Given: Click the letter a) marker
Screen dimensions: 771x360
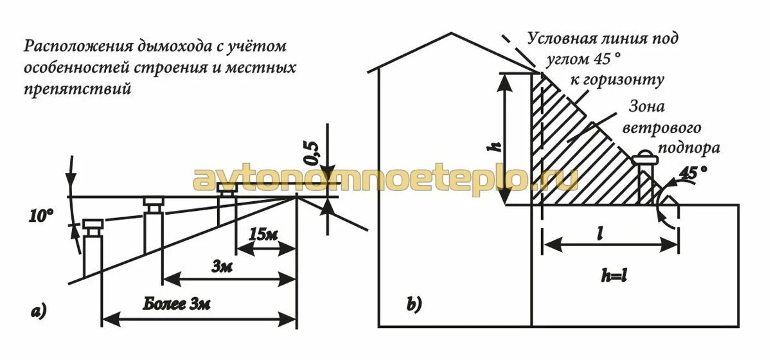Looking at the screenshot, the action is coord(39,313).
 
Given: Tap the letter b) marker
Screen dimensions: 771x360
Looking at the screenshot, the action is coord(414,305).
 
